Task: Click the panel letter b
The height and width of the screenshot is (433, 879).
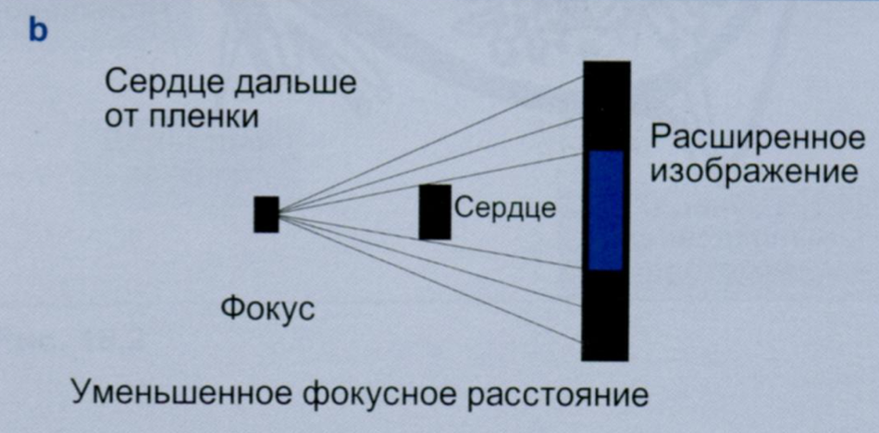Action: pyautogui.click(x=38, y=31)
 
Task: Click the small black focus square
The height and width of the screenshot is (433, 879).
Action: pyautogui.click(x=266, y=215)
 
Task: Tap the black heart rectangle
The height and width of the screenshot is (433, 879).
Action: pyautogui.click(x=435, y=212)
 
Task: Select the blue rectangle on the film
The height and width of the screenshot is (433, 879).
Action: pyautogui.click(x=606, y=210)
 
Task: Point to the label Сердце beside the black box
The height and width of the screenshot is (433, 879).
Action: pyautogui.click(x=505, y=207)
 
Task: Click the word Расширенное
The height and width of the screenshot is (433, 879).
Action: pyautogui.click(x=758, y=140)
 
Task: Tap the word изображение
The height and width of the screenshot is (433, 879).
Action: pyautogui.click(x=754, y=173)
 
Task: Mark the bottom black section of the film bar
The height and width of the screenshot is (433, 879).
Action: pyautogui.click(x=605, y=315)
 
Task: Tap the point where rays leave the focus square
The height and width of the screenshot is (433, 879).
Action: pyautogui.click(x=279, y=215)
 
